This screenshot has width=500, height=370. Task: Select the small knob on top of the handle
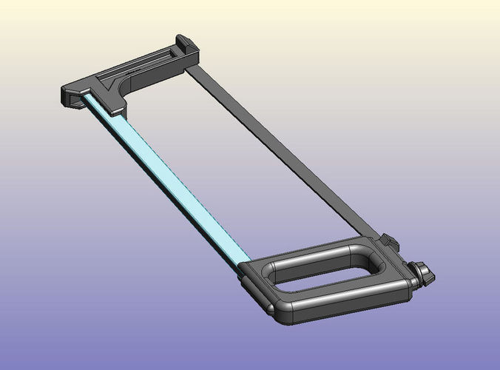[389, 243]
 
